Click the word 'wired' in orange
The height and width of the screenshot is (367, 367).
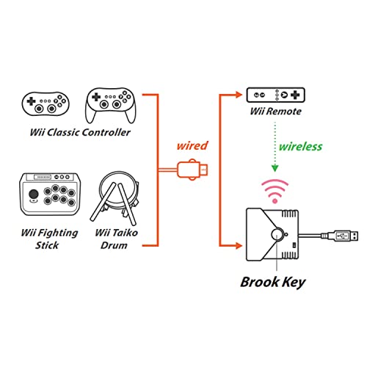(x=192, y=145)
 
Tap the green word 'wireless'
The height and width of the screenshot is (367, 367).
(x=300, y=146)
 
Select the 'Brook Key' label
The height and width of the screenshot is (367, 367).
(x=273, y=283)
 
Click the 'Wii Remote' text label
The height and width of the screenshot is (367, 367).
(x=275, y=112)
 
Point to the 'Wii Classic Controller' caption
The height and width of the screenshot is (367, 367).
(x=80, y=132)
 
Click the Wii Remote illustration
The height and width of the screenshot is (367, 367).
(x=275, y=95)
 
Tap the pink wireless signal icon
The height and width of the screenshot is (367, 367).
(x=275, y=192)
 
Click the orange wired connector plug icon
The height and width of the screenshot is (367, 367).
(x=192, y=170)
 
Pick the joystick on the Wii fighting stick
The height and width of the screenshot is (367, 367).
(x=34, y=195)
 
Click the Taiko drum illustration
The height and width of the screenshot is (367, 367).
(x=115, y=197)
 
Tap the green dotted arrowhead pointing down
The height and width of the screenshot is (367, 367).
(x=275, y=168)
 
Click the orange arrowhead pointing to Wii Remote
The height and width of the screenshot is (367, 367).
(x=239, y=95)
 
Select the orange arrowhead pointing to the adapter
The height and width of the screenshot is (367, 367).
(x=239, y=245)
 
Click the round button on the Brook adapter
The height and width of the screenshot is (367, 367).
(x=277, y=234)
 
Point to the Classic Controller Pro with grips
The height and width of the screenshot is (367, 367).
(x=111, y=105)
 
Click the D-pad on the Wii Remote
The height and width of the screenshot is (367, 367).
(x=295, y=95)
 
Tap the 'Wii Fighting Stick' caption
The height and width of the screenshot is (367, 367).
(x=49, y=239)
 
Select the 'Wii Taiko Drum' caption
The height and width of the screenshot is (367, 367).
(x=116, y=239)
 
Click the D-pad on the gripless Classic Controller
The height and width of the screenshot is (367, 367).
(x=31, y=101)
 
